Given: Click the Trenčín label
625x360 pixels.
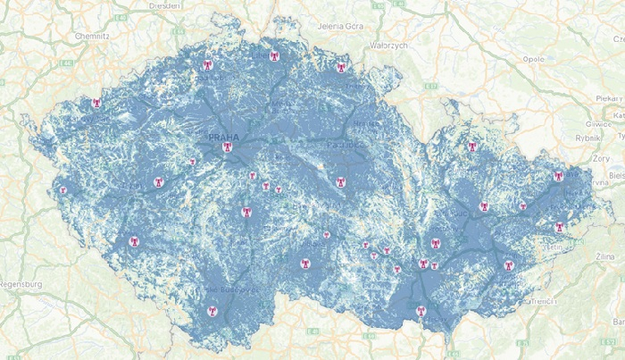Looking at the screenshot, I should point(541,302).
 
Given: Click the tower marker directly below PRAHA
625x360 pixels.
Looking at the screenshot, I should point(227,147).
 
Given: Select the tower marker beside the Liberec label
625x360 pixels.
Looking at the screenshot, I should point(274,55).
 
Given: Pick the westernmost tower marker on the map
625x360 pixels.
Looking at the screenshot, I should point(62,189).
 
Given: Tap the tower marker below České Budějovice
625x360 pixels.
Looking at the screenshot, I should point(212,311).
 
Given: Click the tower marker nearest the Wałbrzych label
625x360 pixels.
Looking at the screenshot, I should point(338,68).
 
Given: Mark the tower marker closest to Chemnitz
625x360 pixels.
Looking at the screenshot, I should point(96,103).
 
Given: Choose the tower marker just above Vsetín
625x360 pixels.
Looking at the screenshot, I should point(559,227).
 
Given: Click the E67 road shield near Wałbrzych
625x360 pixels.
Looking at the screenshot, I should point(429,86).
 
